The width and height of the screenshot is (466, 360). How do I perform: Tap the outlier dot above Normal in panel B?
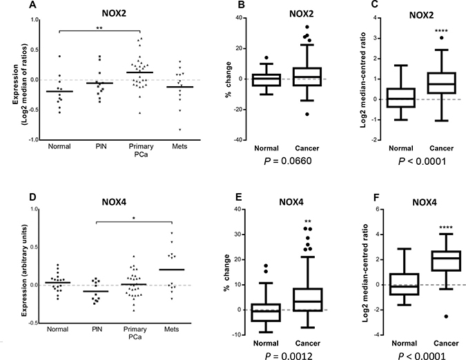[246, 57]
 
